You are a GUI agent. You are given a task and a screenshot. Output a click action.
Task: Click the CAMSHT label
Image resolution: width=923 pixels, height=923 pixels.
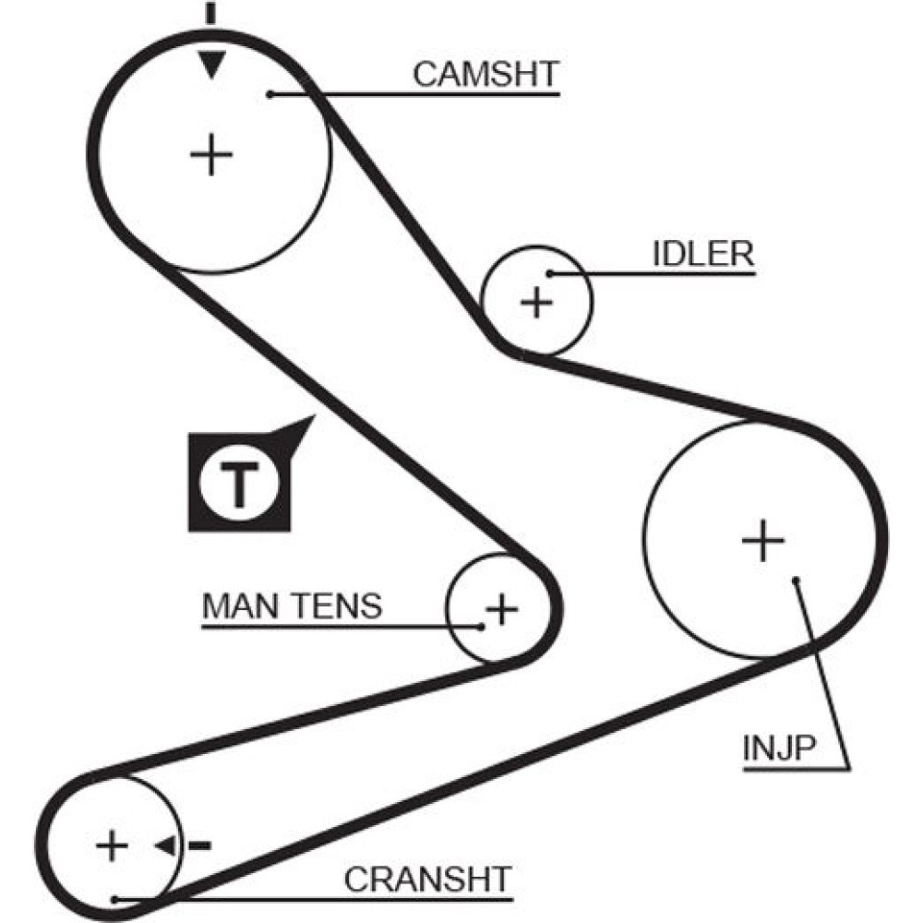(x=485, y=75)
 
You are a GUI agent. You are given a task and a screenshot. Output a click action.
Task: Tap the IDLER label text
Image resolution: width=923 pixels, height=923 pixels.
(x=703, y=255)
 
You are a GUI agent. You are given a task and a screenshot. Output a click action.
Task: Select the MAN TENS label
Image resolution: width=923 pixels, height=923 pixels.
(x=292, y=606)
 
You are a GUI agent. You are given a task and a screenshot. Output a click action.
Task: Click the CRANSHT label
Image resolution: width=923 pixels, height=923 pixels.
(x=427, y=880)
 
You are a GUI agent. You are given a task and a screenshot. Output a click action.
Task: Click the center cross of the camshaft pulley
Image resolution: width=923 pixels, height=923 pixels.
(x=212, y=154)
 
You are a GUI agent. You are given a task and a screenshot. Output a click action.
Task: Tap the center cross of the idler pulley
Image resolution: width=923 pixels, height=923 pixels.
(x=535, y=302)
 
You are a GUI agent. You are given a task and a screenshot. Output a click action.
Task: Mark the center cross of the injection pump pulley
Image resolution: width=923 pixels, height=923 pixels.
(x=762, y=540)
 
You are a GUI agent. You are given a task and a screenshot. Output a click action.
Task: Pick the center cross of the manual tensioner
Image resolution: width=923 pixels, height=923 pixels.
(x=501, y=608)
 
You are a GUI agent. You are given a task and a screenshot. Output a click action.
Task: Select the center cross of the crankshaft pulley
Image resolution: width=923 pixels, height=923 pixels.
(x=112, y=845)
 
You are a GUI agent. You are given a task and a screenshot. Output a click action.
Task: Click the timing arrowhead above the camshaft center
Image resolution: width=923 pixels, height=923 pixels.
(x=212, y=66)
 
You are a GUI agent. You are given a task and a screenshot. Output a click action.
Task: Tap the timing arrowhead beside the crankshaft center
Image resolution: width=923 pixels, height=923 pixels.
(x=167, y=845)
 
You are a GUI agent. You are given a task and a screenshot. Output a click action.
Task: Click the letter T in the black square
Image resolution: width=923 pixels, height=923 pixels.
(x=239, y=484)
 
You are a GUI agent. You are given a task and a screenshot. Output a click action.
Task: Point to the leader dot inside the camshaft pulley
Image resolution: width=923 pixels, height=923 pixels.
(x=270, y=93)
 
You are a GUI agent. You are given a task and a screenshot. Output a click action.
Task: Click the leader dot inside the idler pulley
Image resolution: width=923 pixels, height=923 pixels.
(x=551, y=273)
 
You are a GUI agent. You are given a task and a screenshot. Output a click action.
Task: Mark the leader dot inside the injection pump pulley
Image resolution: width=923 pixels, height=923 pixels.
(x=796, y=580)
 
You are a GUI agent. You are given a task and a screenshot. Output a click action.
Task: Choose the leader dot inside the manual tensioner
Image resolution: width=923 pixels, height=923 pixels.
(x=481, y=627)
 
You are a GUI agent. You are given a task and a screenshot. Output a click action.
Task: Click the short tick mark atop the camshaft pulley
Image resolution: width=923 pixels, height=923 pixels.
(x=211, y=13)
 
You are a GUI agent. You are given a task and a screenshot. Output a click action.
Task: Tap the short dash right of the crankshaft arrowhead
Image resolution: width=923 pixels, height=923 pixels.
(x=199, y=845)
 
